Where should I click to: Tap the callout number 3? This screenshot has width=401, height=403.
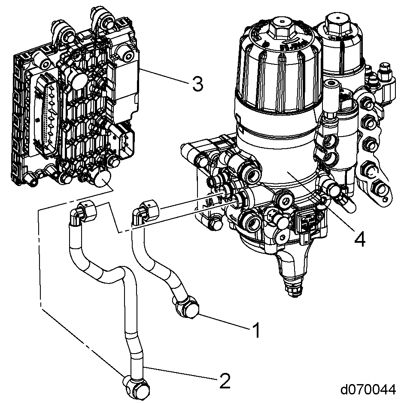pos(197,84)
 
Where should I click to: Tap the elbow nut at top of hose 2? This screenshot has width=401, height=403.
pos(88,211)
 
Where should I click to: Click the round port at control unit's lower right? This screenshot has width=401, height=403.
pos(103,178)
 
